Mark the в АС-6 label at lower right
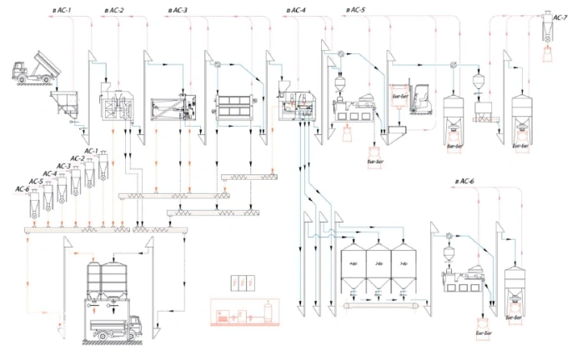click(x=464, y=181)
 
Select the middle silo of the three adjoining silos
click(x=380, y=265)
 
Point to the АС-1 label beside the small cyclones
click(x=90, y=152)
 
